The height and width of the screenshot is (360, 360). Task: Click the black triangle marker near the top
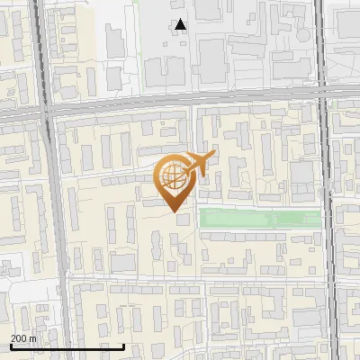pos(181,25)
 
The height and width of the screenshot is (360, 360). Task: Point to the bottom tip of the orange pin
pos(173,211)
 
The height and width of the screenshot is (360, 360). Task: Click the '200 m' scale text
pos(23,338)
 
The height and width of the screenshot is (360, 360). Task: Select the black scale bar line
pos(67,346)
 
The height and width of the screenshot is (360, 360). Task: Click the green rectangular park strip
pos(259,218)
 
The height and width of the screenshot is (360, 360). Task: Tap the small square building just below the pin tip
pos(184,220)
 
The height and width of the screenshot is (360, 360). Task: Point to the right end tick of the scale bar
pos(123,346)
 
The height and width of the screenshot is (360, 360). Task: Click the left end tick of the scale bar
pos(10,346)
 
